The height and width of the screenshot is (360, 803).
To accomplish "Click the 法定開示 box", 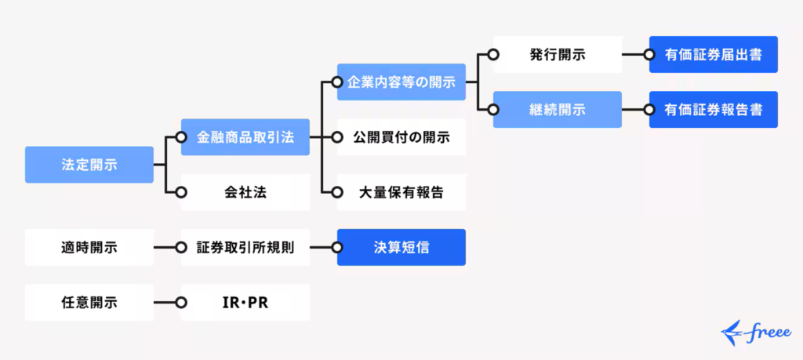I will [x=89, y=165].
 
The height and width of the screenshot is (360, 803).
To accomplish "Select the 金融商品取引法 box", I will [x=245, y=137].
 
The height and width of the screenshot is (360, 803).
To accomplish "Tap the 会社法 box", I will [x=245, y=192].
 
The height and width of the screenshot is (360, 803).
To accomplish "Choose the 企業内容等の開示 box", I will [x=401, y=82].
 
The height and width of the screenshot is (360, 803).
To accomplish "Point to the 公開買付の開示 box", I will [x=401, y=137].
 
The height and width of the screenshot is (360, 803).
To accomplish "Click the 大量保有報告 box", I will [x=401, y=192].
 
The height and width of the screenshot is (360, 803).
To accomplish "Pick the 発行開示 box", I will [x=557, y=55].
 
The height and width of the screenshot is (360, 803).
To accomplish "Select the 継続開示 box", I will [x=557, y=110].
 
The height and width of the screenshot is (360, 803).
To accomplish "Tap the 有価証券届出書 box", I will [x=714, y=55].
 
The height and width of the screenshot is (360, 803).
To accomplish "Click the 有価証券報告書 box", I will [x=714, y=110].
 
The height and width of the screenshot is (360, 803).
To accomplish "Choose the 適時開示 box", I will [x=89, y=248].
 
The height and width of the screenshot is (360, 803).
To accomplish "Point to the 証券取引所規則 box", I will [x=245, y=248].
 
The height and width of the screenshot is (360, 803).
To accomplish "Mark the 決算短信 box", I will [x=401, y=248].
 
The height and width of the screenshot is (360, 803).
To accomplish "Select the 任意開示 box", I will [x=89, y=303].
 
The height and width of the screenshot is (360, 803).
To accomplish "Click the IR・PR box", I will [x=245, y=303].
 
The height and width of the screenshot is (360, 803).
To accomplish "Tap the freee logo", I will [x=755, y=332].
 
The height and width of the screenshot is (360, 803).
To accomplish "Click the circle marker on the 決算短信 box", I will [x=338, y=248].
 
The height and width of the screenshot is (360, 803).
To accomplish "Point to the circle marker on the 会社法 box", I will [x=181, y=192].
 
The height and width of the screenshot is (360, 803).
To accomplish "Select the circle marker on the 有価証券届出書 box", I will [x=649, y=55].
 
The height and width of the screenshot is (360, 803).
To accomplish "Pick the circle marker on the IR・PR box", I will [x=181, y=303].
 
